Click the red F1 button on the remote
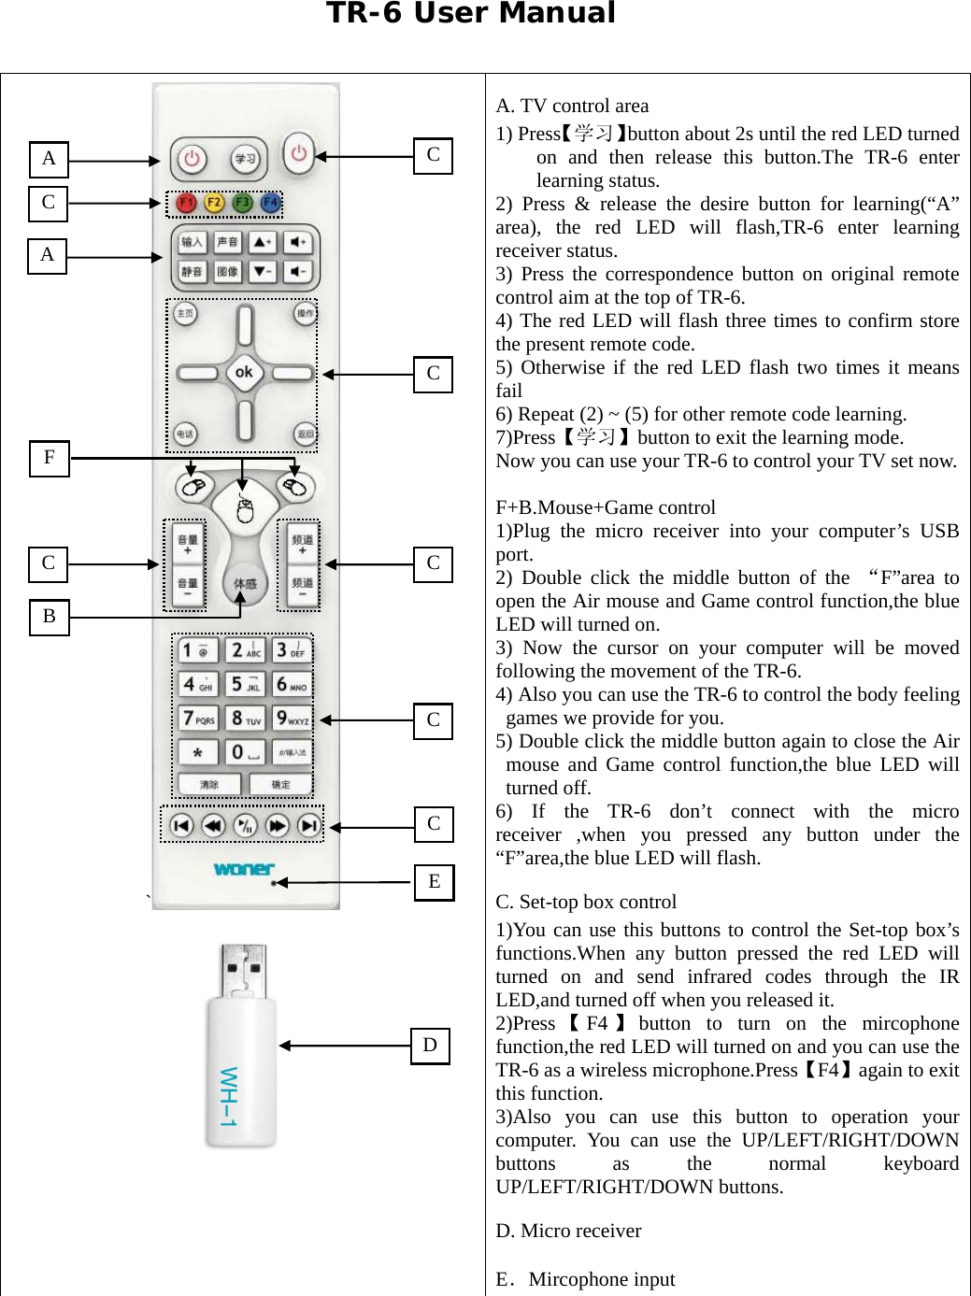(187, 203)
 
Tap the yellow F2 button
(214, 203)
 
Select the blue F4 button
(271, 203)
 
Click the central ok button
(244, 372)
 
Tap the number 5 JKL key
(245, 684)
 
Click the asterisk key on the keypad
(198, 752)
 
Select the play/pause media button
(245, 825)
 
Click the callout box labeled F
(50, 458)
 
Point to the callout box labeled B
(50, 617)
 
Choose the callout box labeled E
(434, 881)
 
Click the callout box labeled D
(430, 1046)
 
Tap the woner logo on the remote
(243, 869)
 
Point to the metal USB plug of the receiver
(243, 972)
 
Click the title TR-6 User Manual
(470, 14)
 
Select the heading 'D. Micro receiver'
(568, 1231)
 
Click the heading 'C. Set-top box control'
(586, 902)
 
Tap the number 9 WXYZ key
(293, 718)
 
